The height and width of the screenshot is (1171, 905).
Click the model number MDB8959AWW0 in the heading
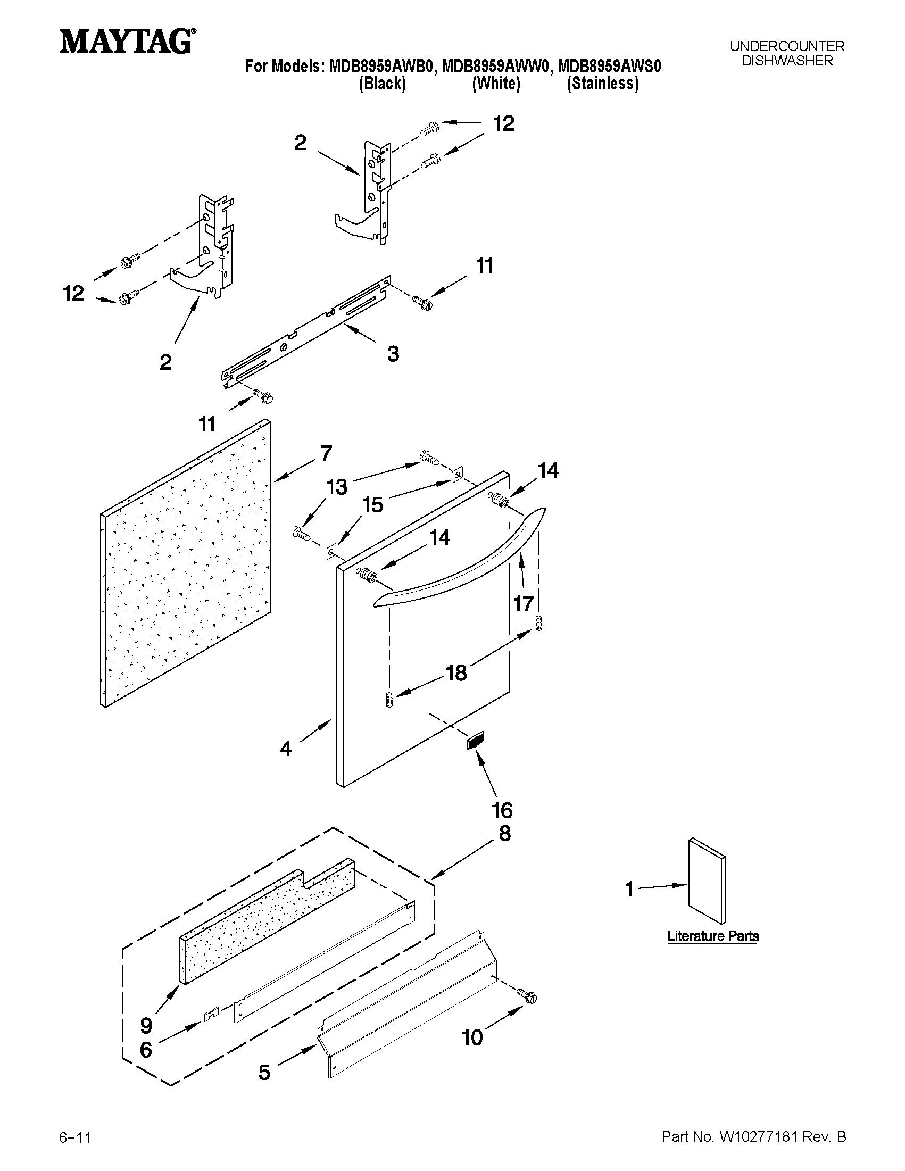[x=496, y=67]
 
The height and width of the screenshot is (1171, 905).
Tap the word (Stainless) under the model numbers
[x=603, y=84]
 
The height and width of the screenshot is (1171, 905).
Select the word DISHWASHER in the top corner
[x=786, y=61]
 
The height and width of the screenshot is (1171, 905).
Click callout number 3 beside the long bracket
[x=393, y=354]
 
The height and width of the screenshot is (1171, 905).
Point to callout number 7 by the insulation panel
[x=326, y=454]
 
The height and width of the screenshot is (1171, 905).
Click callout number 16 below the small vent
[x=502, y=810]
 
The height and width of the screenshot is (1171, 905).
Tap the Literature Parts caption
[x=713, y=936]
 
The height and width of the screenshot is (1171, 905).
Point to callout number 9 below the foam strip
[x=146, y=1026]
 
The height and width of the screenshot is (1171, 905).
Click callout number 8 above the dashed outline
[x=504, y=834]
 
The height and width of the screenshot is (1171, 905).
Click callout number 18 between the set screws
[x=457, y=673]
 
